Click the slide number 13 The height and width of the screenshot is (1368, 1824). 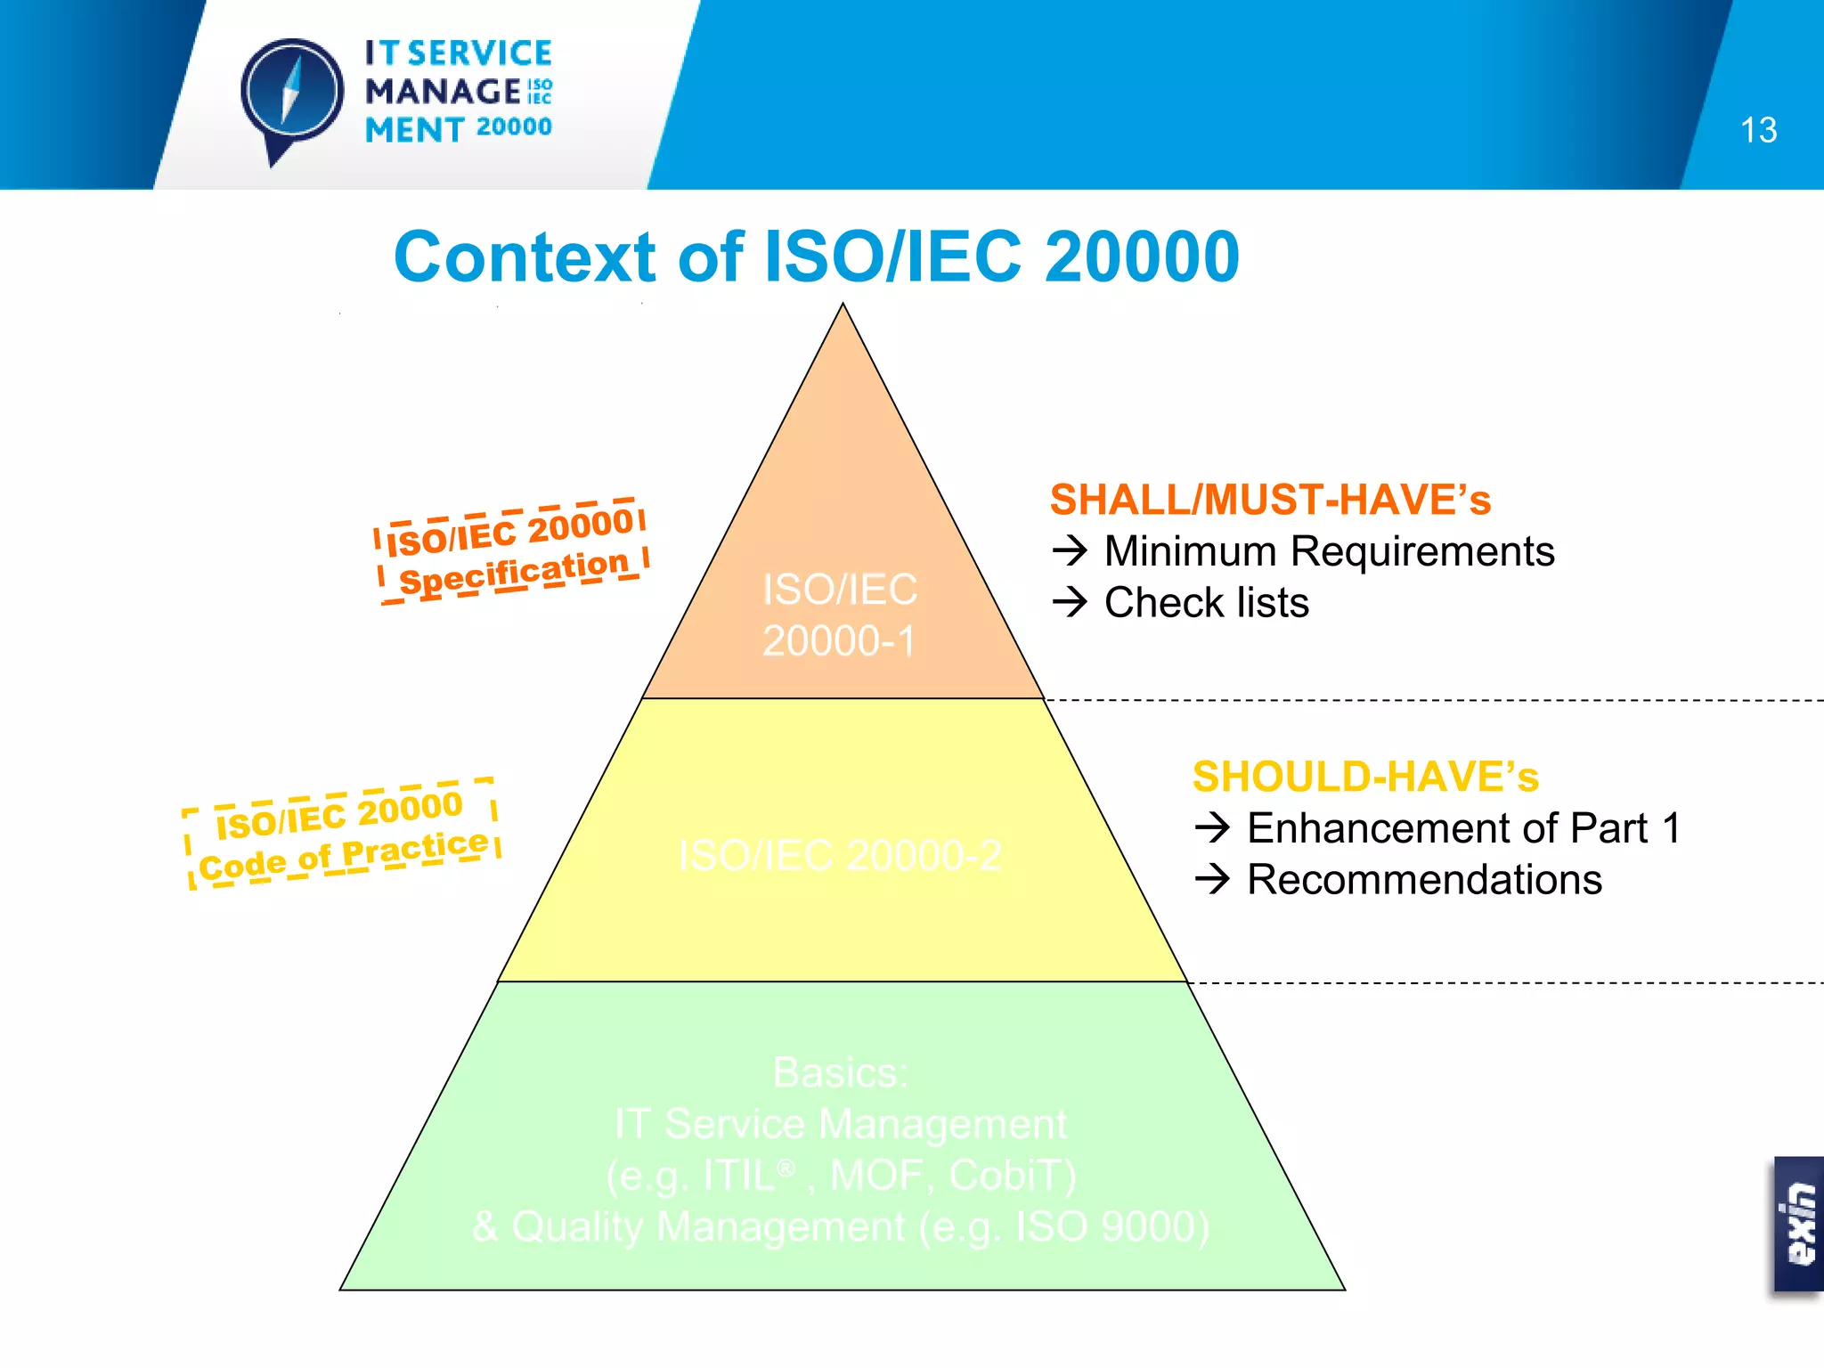(x=1758, y=130)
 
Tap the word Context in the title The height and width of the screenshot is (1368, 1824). (x=525, y=257)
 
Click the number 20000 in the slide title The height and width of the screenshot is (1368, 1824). (x=1142, y=257)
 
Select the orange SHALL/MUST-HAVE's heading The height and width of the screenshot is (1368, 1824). (x=1270, y=500)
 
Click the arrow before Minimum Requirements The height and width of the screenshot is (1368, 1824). (x=1070, y=551)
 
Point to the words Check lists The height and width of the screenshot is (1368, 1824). (x=1206, y=603)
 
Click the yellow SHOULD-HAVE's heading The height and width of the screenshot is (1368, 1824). (x=1365, y=777)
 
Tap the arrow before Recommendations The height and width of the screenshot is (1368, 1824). (x=1212, y=880)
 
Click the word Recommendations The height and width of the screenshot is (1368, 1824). (x=1424, y=880)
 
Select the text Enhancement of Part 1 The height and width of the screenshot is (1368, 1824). (x=1463, y=828)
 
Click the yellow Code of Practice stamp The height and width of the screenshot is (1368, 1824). (x=342, y=835)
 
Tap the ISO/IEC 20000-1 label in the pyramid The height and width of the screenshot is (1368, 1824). (x=839, y=615)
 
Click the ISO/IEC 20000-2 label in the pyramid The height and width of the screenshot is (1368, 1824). (x=839, y=855)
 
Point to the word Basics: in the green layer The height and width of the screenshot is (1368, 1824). (x=840, y=1072)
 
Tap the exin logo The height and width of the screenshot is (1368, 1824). (x=1799, y=1225)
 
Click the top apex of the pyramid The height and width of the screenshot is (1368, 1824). (x=843, y=306)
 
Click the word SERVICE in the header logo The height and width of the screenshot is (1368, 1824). (x=480, y=53)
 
